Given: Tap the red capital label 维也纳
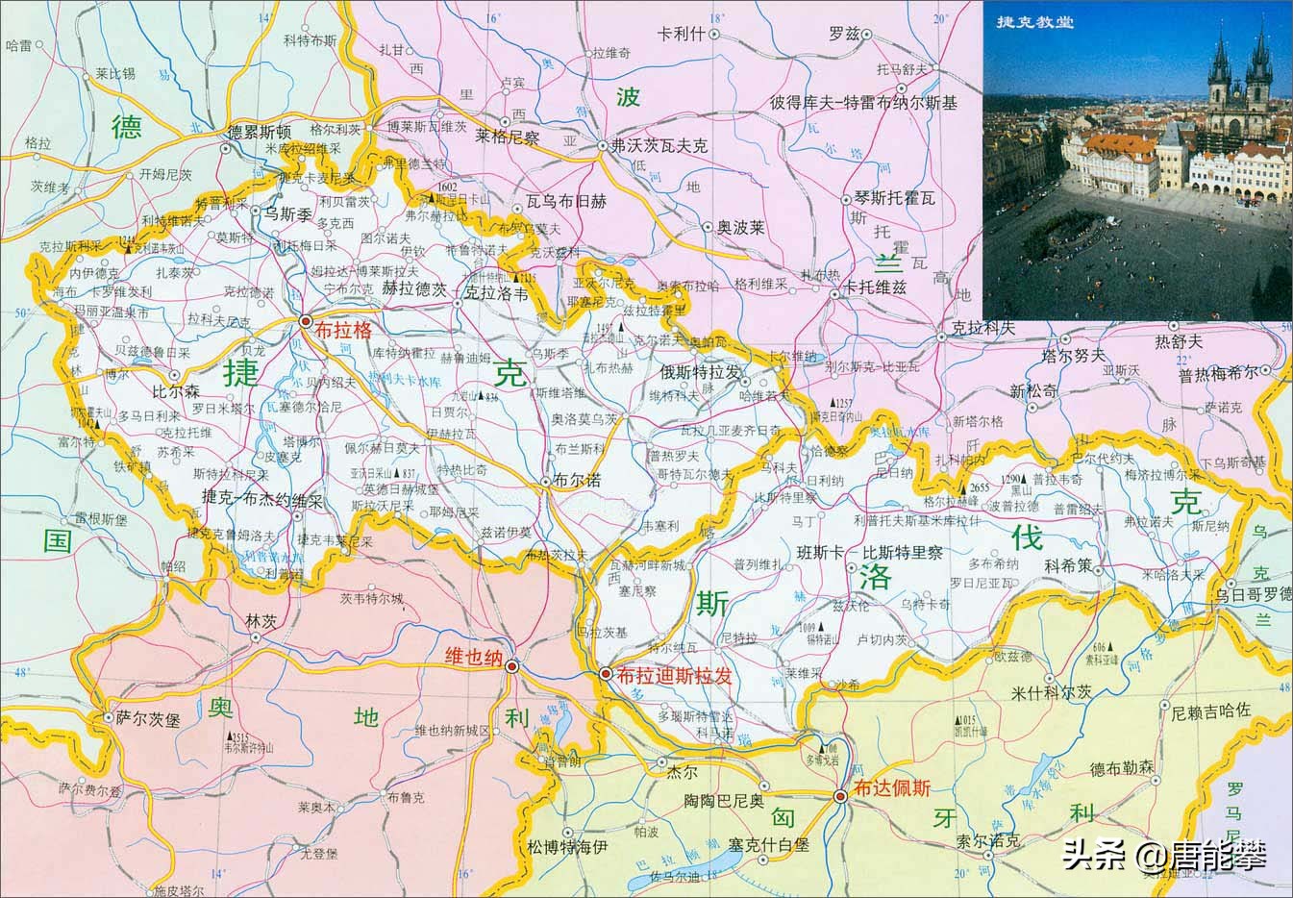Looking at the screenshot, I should tap(474, 658).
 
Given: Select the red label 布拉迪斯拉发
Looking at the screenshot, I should tap(676, 676).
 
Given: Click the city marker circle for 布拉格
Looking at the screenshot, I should tap(307, 322).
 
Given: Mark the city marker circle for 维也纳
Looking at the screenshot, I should tap(512, 665).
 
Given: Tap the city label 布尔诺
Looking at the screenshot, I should tap(578, 480).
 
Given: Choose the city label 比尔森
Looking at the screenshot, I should tap(176, 392).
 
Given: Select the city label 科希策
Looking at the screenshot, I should tap(1067, 566).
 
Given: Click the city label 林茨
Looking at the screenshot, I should tap(261, 622).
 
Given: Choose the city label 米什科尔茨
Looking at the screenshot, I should tap(1053, 692).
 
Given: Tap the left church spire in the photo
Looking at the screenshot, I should tap(1220, 62).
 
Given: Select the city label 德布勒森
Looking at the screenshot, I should tap(1122, 769).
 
